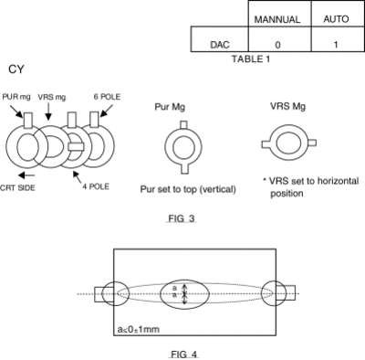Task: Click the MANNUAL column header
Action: coord(277,19)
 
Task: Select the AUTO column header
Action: coord(336,19)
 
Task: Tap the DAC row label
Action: coord(220,45)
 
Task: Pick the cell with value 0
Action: coord(277,45)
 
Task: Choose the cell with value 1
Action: coord(336,45)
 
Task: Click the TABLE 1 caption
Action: coord(251,58)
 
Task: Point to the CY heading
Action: coord(16,69)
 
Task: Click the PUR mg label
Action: coord(16,97)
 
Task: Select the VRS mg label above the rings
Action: coord(52,97)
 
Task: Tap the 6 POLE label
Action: coord(107,97)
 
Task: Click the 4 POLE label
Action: coord(96,186)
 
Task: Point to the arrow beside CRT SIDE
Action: coord(26,175)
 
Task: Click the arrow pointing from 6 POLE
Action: coord(107,111)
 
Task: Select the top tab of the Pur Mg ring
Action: coord(183,125)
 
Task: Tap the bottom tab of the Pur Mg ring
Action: coord(184,168)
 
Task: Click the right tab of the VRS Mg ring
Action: coord(312,143)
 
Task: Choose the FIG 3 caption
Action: coord(182,218)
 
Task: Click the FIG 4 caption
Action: coord(183,355)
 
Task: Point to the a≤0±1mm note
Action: coord(139,329)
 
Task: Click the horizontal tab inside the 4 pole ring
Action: coord(76,146)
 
